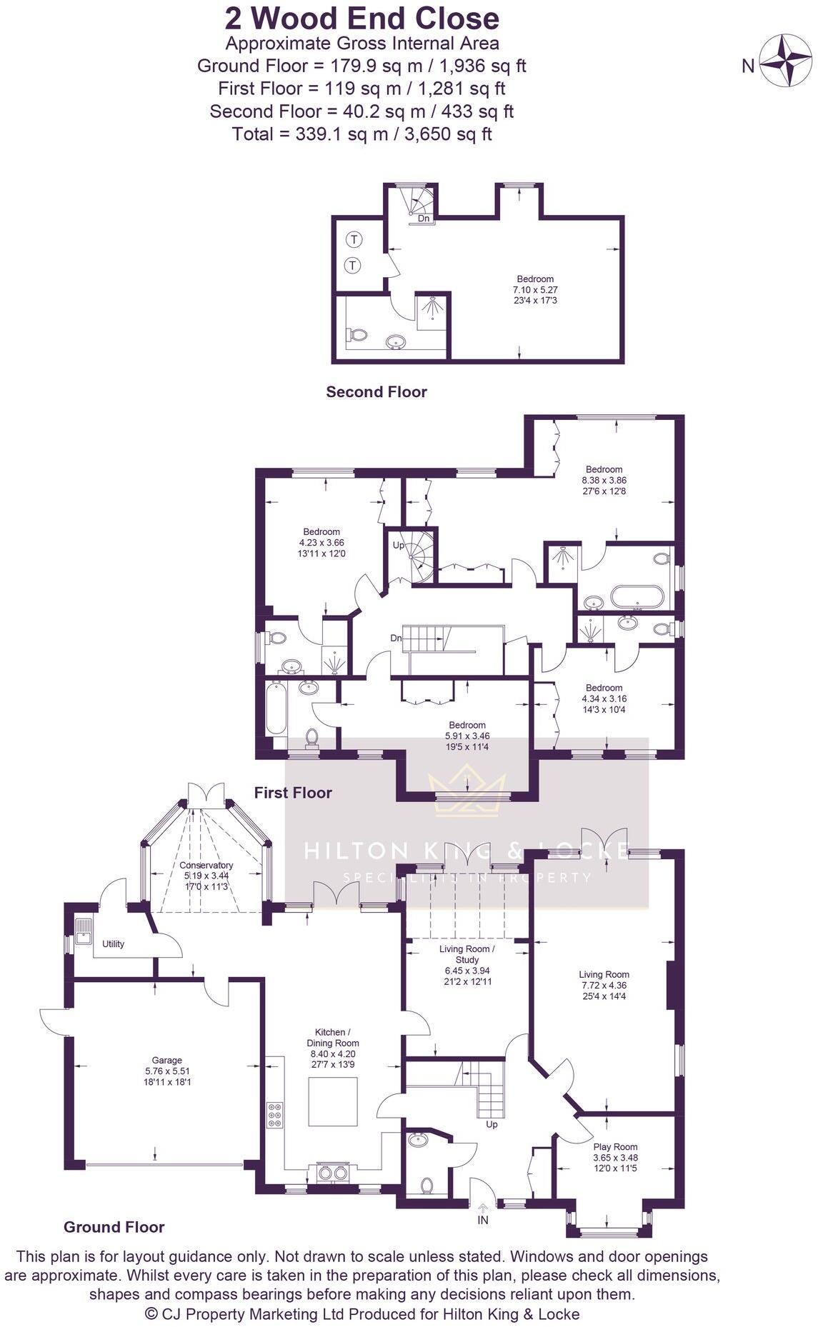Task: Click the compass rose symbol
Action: (784, 61)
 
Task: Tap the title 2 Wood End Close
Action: (362, 19)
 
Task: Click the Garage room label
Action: (167, 1061)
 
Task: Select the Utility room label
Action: (113, 943)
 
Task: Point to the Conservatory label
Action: (206, 865)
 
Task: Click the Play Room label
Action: (615, 1147)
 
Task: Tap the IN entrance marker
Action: (483, 1221)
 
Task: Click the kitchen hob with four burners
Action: (274, 1115)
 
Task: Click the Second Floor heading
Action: (376, 391)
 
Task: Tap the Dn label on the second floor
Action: (424, 219)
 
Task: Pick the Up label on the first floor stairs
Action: (399, 545)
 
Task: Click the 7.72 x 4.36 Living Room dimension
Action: (604, 985)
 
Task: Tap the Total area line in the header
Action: (361, 134)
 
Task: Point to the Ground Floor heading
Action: (114, 1227)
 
